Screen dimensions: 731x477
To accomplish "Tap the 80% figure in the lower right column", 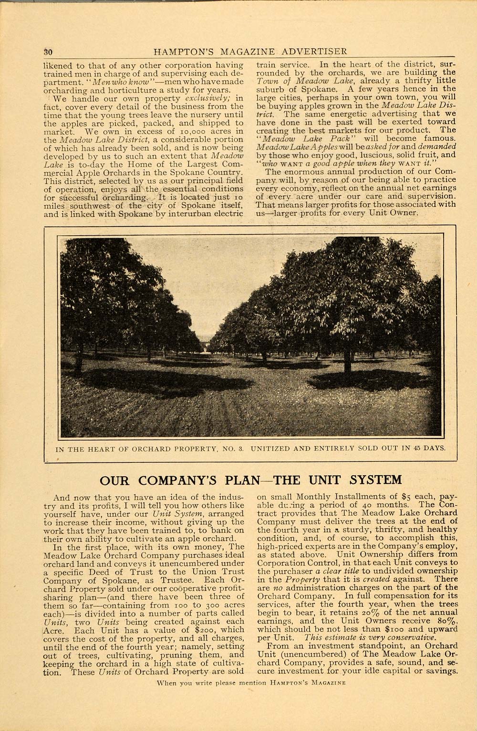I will [x=434, y=622].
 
